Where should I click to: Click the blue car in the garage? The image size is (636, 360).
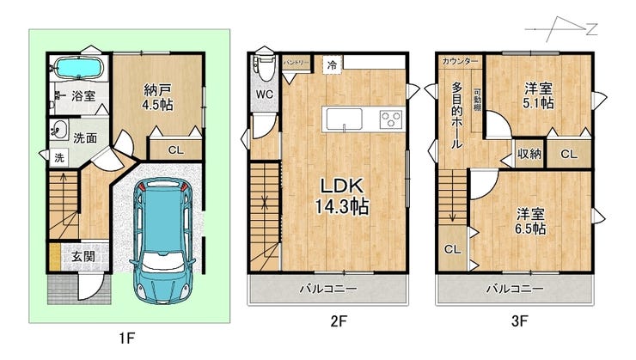point(162,241)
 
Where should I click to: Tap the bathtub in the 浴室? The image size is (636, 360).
point(78,68)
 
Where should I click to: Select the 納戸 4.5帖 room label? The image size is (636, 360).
point(157,97)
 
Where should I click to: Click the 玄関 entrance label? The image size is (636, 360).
point(83,256)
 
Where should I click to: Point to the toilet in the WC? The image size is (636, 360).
point(265,69)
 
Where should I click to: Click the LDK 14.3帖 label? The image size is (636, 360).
point(342,196)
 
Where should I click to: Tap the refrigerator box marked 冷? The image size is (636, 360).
point(333,64)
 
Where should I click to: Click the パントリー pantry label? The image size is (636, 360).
point(297,63)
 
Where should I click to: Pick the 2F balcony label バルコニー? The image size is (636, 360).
point(328,289)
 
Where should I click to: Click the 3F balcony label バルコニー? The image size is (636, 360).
point(515,289)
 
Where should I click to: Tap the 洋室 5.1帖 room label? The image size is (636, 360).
point(538,95)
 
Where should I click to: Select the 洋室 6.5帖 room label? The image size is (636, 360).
point(530,222)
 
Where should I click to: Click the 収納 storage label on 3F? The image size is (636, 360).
point(529,154)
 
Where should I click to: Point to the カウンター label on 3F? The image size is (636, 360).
point(460,61)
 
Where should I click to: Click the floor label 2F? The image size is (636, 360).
point(339,321)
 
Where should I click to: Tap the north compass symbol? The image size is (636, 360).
point(561,29)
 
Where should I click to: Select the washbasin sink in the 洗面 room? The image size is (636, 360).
point(59,130)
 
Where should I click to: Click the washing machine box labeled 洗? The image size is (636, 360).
point(59,157)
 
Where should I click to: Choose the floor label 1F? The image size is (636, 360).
point(126,338)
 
